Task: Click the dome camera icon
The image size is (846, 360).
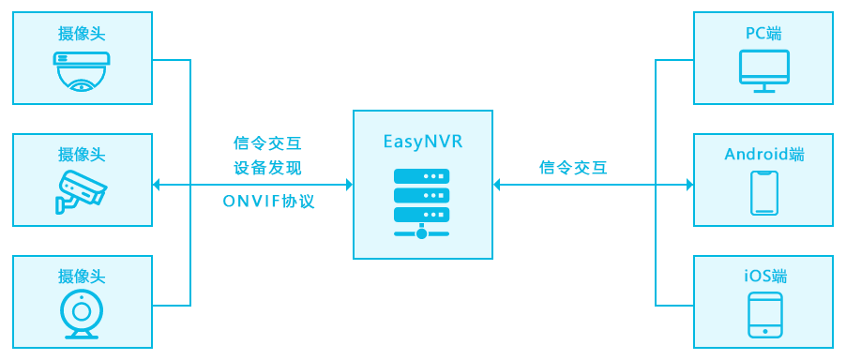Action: pos(82,71)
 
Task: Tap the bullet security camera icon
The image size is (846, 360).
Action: pos(82,191)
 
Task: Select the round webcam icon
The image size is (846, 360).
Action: pos(82,315)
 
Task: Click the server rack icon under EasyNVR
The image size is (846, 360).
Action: pos(421,203)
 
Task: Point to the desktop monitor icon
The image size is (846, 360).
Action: pos(764,71)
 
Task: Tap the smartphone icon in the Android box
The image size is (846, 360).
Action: pos(764,193)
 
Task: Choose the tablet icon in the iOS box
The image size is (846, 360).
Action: pos(764,315)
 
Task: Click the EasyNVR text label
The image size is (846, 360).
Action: pos(423,142)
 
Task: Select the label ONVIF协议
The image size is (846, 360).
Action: pos(268,202)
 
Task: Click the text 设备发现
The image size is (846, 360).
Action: pos(267,168)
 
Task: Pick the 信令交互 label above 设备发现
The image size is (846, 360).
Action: pos(267,143)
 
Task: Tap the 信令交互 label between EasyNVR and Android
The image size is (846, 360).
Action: pos(573,167)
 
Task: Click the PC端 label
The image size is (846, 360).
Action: pos(764,34)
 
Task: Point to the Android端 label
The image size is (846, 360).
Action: pos(764,155)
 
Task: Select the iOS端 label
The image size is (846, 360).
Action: pos(764,277)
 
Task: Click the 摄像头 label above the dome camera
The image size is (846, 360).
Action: pos(82,34)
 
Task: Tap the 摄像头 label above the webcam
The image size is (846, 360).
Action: pos(82,277)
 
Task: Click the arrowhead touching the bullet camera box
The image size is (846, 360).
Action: pos(157,185)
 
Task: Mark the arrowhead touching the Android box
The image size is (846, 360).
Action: pos(689,185)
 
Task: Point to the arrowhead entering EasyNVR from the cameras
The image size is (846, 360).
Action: pos(349,185)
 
